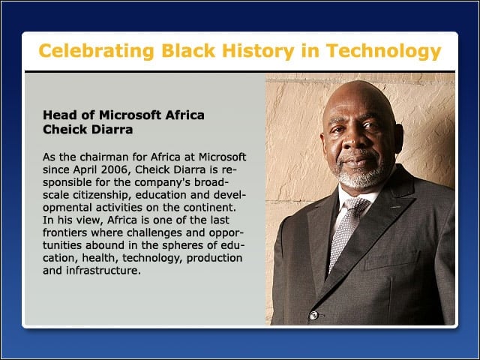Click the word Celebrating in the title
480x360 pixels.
[x=96, y=50]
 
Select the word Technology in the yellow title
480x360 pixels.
[x=383, y=52]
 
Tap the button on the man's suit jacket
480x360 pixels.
[x=313, y=315]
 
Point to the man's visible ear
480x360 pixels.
[x=397, y=138]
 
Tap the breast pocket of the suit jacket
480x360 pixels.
[x=392, y=261]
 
